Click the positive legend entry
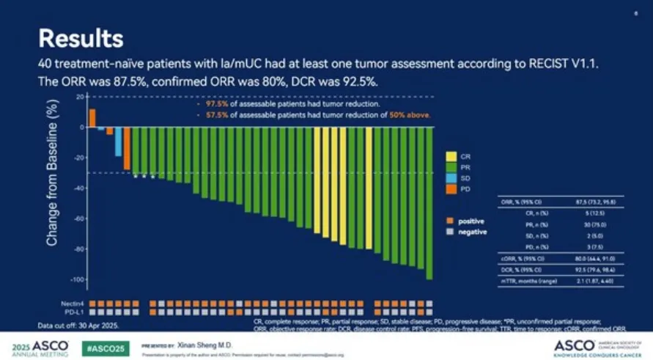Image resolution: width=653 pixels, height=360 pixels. point(465,221)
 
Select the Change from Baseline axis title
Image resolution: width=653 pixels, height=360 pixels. point(52,189)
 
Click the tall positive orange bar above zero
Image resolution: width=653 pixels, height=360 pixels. point(92,117)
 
